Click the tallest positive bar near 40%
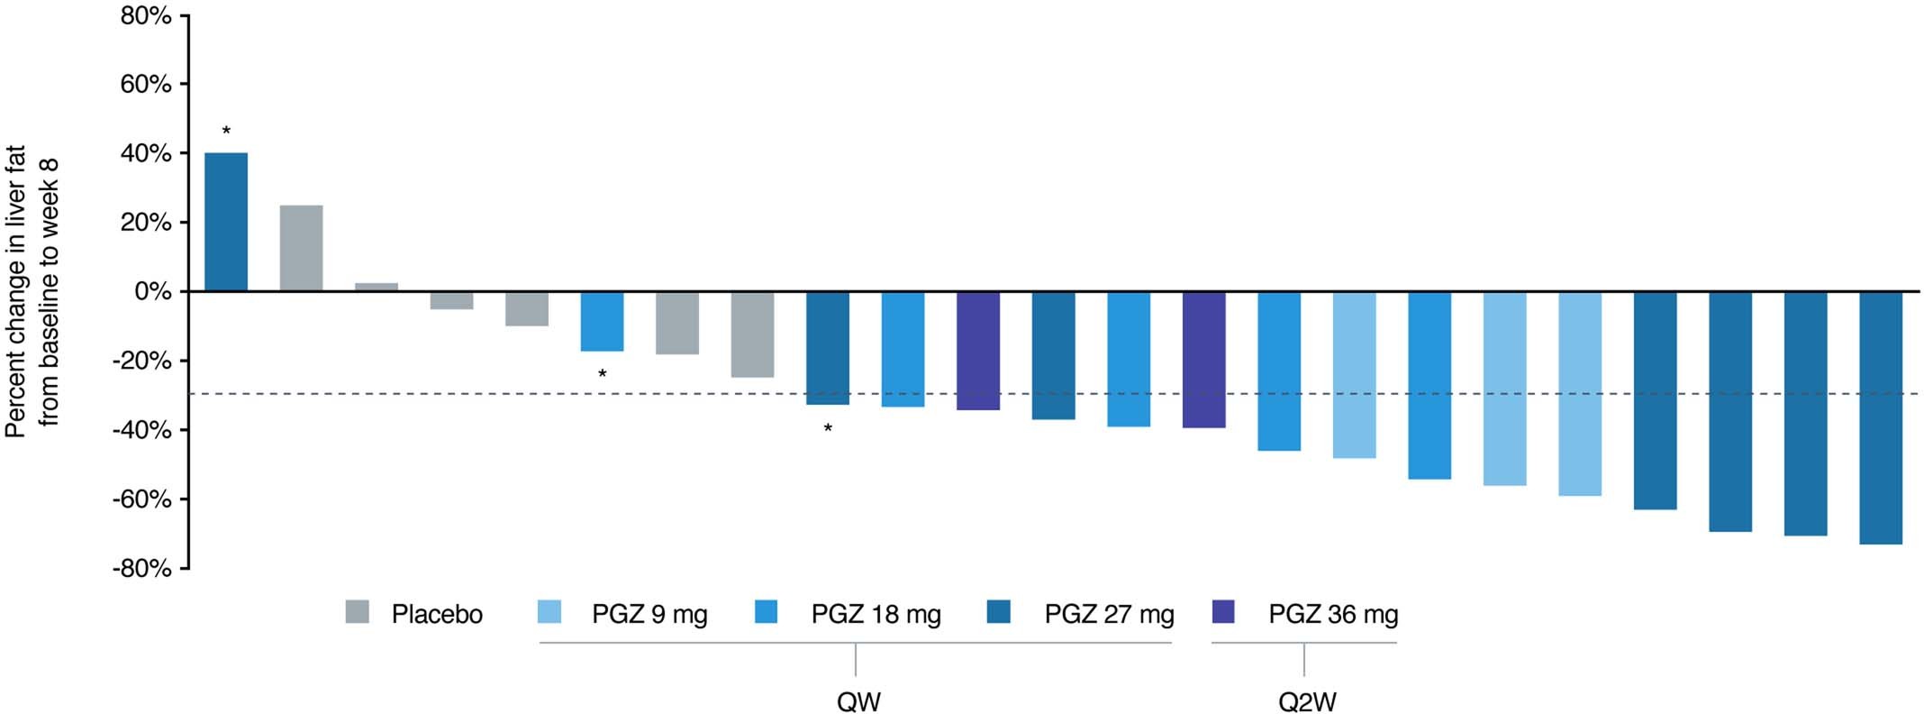(x=226, y=222)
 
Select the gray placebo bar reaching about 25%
(x=301, y=248)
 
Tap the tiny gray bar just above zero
(x=377, y=287)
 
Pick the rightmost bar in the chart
(x=1881, y=417)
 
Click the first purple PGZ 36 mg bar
(x=978, y=351)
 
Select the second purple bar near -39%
(x=1204, y=360)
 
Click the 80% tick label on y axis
(x=146, y=15)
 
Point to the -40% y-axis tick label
(x=141, y=430)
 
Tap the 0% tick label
(x=153, y=292)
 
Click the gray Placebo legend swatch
(x=358, y=612)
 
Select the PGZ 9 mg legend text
(x=649, y=615)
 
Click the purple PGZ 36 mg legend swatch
(x=1224, y=612)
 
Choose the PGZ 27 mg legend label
(x=1109, y=615)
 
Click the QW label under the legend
(x=858, y=701)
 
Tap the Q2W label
(x=1307, y=701)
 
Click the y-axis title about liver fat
(x=32, y=292)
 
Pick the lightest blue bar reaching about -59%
(x=1580, y=393)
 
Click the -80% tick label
(x=141, y=569)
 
